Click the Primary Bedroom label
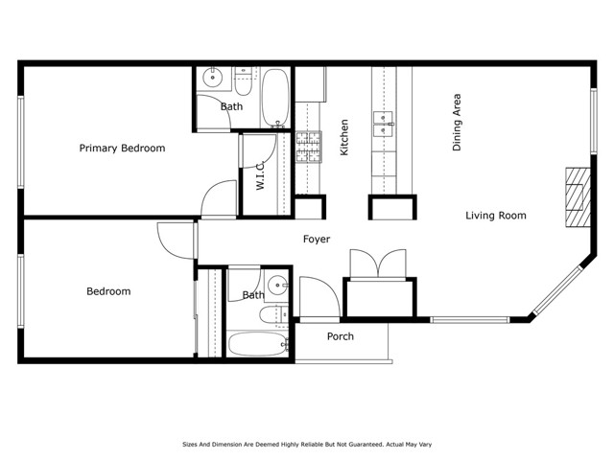click(122, 149)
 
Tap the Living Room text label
click(496, 216)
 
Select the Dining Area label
click(458, 123)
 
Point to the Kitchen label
click(343, 137)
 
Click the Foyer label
click(317, 240)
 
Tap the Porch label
click(340, 336)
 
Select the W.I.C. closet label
click(260, 173)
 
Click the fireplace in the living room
click(576, 195)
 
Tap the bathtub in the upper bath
click(274, 98)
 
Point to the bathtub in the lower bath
click(255, 344)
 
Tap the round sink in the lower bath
click(276, 284)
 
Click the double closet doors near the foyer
click(379, 263)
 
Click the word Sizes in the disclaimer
click(193, 445)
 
